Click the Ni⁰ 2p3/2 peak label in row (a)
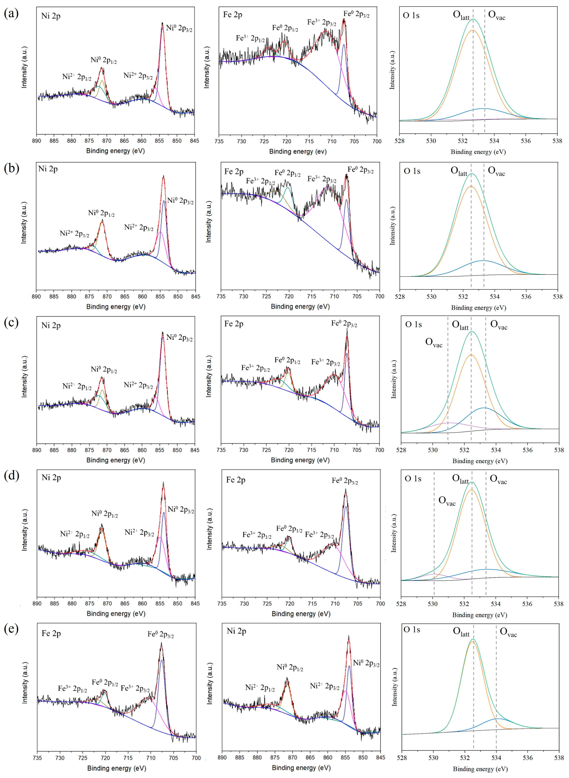click(x=179, y=28)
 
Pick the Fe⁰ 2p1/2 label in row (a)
click(x=285, y=28)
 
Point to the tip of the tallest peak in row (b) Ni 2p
click(x=163, y=176)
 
